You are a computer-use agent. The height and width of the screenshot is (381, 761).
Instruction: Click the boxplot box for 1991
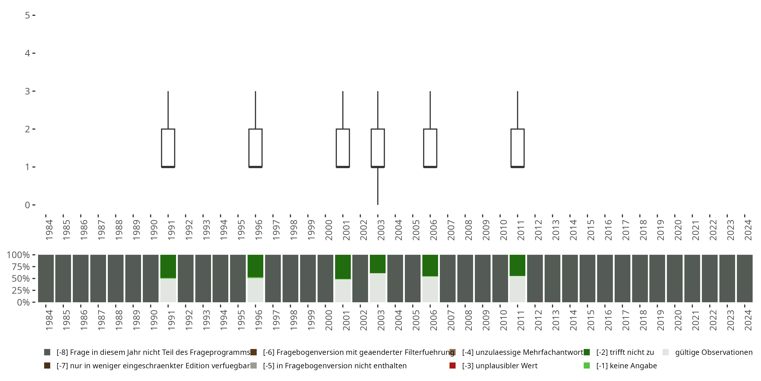tap(168, 148)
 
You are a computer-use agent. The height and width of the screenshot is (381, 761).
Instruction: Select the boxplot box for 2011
tap(517, 148)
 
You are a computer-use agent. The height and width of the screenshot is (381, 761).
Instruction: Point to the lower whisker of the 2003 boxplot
tap(378, 186)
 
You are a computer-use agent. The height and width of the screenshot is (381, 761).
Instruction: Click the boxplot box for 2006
tap(430, 148)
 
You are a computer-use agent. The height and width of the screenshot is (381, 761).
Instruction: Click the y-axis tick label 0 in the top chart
tap(27, 205)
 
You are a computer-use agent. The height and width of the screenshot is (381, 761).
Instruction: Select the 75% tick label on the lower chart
tap(21, 267)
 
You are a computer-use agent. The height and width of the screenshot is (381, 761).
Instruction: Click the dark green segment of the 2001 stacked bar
tap(343, 267)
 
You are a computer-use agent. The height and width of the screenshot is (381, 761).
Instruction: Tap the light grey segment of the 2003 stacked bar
tap(378, 288)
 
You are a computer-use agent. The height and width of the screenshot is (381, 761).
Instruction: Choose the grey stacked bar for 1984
tap(46, 278)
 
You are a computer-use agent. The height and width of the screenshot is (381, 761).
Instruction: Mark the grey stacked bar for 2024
tap(745, 278)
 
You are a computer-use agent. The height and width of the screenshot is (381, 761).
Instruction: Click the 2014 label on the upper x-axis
tap(573, 230)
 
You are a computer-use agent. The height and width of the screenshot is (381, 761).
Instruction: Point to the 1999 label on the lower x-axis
tap(311, 320)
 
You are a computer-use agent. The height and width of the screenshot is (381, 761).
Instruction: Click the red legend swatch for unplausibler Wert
tap(452, 366)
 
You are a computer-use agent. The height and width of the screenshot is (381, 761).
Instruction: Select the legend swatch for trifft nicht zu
tap(587, 352)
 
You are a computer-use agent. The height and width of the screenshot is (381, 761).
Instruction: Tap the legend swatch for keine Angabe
tap(587, 366)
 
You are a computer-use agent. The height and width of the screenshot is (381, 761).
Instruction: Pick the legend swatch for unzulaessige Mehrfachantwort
tap(452, 352)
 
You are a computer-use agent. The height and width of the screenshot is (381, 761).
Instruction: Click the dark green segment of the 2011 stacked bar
tap(517, 265)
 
